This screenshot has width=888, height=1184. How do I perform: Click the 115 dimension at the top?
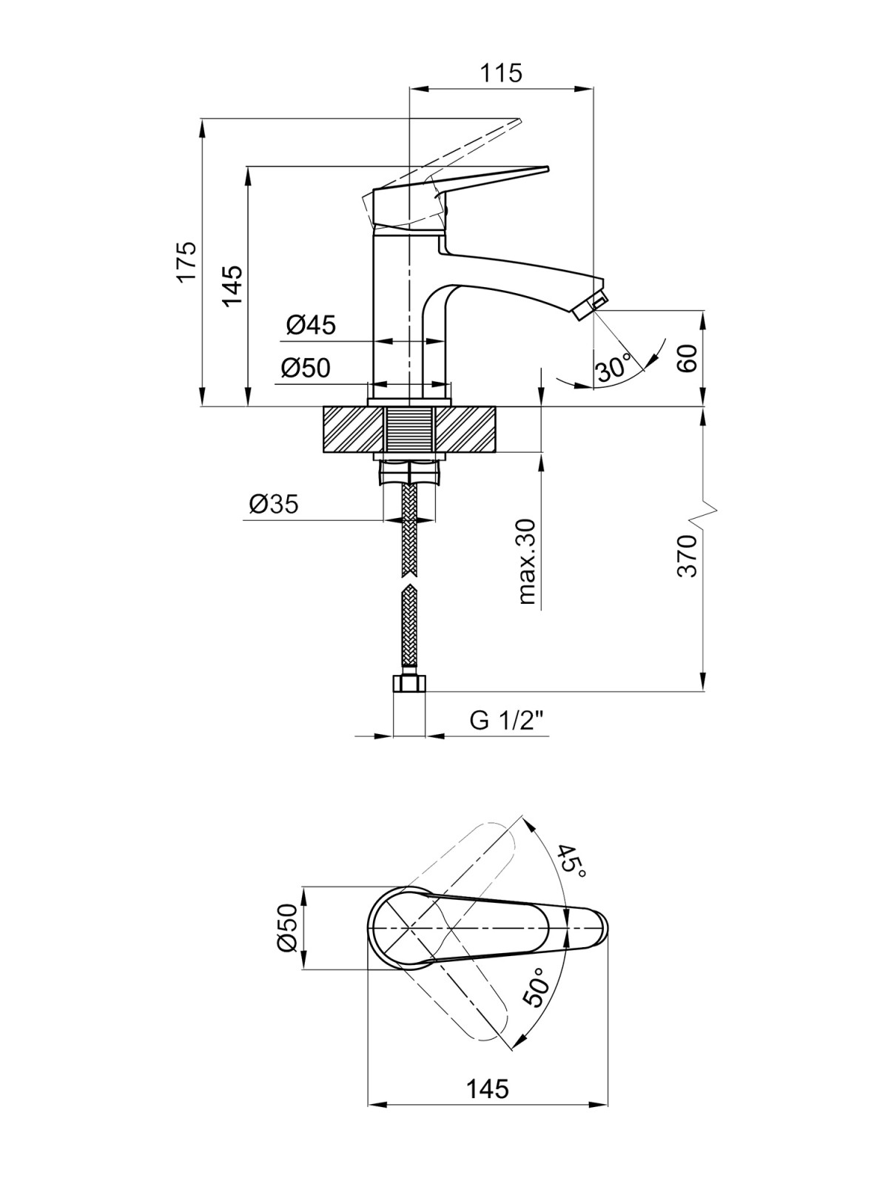502,73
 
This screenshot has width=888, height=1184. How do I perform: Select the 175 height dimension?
188,262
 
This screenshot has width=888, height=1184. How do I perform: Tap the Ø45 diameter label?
311,326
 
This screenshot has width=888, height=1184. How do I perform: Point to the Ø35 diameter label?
273,505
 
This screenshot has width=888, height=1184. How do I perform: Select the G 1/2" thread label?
507,721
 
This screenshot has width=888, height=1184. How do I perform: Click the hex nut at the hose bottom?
409,684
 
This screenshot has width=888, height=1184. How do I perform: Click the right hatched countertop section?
465,429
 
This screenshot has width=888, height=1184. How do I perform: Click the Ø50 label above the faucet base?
305,368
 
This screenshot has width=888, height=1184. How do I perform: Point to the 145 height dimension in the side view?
233,286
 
